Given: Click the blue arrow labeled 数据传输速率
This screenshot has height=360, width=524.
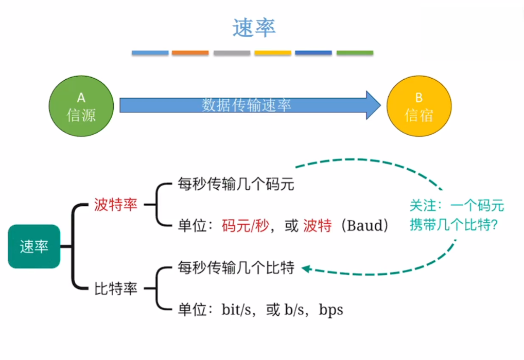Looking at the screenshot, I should pyautogui.click(x=247, y=105).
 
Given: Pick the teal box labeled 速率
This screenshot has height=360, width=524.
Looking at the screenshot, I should pyautogui.click(x=34, y=247).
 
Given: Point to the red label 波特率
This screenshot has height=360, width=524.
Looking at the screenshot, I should pyautogui.click(x=116, y=205).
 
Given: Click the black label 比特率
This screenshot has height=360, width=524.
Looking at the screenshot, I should pyautogui.click(x=116, y=289).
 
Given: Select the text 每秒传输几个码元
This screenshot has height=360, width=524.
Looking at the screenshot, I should pyautogui.click(x=236, y=184).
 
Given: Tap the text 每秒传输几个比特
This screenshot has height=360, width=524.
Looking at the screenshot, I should pyautogui.click(x=236, y=268).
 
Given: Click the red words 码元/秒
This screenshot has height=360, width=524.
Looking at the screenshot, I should pyautogui.click(x=245, y=226).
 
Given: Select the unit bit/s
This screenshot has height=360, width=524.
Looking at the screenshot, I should pyautogui.click(x=238, y=310).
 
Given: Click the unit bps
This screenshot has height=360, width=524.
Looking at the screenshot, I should pyautogui.click(x=331, y=310).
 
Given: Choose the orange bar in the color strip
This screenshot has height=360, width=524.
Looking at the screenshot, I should pyautogui.click(x=190, y=53).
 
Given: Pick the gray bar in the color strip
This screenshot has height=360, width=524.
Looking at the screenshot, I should pyautogui.click(x=232, y=53).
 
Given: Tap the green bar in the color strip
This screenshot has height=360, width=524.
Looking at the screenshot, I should pyautogui.click(x=355, y=53).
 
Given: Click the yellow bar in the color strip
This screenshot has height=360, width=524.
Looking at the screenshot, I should pyautogui.click(x=272, y=53).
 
